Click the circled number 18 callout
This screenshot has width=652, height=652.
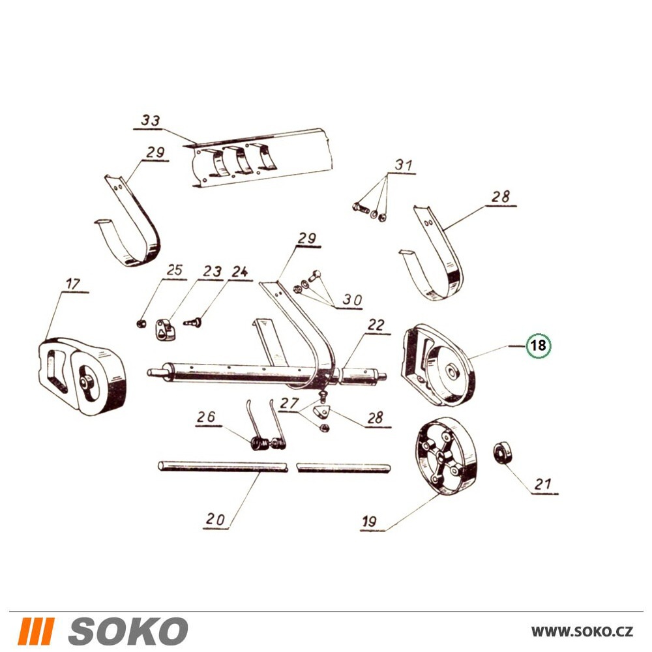pos(538,345)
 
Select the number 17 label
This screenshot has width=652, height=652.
pos(73,284)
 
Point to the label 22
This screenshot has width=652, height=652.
pos(376,325)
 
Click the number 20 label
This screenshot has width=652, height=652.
pos(215,520)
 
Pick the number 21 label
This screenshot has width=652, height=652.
pos(542,484)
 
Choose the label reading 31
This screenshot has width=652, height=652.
pos(404,165)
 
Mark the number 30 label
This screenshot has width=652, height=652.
pos(352,299)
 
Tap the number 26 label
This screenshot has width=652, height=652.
pos(206,417)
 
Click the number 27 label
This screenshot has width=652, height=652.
pos(289,404)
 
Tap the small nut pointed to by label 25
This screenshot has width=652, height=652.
pos(141,323)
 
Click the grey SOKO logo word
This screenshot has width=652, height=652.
pos(128,630)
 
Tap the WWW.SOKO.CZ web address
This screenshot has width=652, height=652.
pos(582,631)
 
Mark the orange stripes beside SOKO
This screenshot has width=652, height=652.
pos(36,630)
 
